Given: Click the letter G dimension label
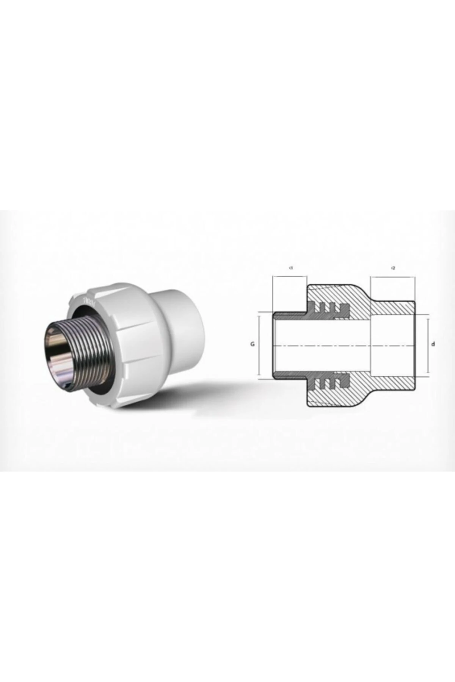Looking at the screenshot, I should point(252,344).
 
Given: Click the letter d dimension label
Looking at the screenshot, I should point(433,344).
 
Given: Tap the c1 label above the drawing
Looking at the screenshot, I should point(291,268).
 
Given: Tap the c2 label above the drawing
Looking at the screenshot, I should point(393,268).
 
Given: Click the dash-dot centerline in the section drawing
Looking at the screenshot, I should point(341,346).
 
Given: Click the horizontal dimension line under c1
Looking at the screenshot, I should point(289,277).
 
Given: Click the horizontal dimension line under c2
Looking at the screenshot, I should point(393,277).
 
